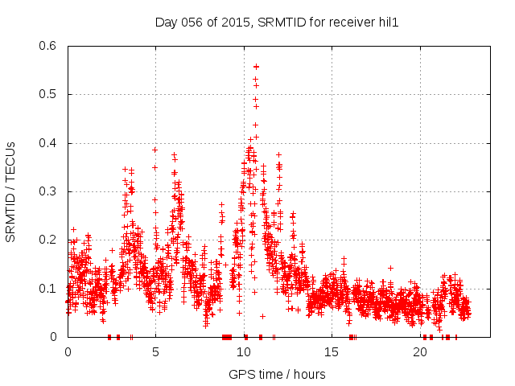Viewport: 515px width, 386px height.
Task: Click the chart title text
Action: pos(277,22)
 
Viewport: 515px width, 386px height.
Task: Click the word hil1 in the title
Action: pos(388,22)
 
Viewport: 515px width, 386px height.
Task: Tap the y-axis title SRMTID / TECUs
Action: pos(10,191)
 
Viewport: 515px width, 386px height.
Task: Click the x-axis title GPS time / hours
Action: pos(277,374)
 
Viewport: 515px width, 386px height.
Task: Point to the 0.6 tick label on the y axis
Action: pos(47,46)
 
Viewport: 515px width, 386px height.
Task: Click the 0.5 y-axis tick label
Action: pos(47,94)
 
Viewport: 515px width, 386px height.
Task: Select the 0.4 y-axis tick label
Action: pos(47,143)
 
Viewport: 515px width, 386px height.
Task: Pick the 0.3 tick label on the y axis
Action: pos(47,191)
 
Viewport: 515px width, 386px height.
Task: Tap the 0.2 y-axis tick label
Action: pos(47,240)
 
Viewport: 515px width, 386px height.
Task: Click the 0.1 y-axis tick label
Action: pos(47,289)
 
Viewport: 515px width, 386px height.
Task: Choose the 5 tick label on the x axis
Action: pos(155,352)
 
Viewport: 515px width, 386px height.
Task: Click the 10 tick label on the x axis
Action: pos(244,352)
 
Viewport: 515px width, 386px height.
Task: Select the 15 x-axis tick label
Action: pos(332,352)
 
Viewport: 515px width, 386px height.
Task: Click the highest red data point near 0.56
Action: pos(256,66)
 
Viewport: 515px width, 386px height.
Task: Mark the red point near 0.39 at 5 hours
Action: pos(154,150)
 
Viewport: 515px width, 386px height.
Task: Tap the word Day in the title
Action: pos(166,22)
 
